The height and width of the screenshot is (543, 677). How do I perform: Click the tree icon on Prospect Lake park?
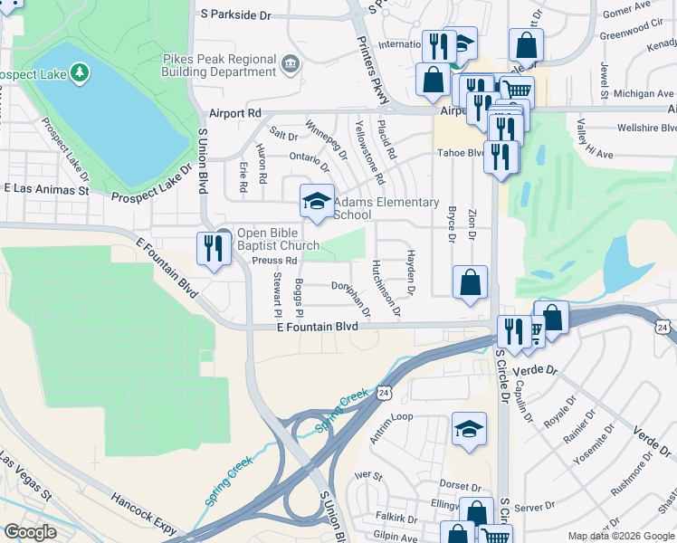pyautogui.click(x=80, y=71)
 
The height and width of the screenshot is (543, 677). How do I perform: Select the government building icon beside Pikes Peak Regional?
pyautogui.click(x=291, y=62)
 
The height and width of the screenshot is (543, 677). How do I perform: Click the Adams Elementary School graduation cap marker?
pyautogui.click(x=316, y=201)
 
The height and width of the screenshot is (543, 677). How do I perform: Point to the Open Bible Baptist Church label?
pyautogui.click(x=278, y=238)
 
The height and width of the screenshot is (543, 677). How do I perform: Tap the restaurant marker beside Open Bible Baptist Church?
pyautogui.click(x=214, y=247)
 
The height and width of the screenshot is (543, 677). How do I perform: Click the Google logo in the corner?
pyautogui.click(x=30, y=531)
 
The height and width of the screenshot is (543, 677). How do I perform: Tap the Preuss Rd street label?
pyautogui.click(x=250, y=261)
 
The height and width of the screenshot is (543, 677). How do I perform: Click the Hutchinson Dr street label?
pyautogui.click(x=385, y=289)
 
